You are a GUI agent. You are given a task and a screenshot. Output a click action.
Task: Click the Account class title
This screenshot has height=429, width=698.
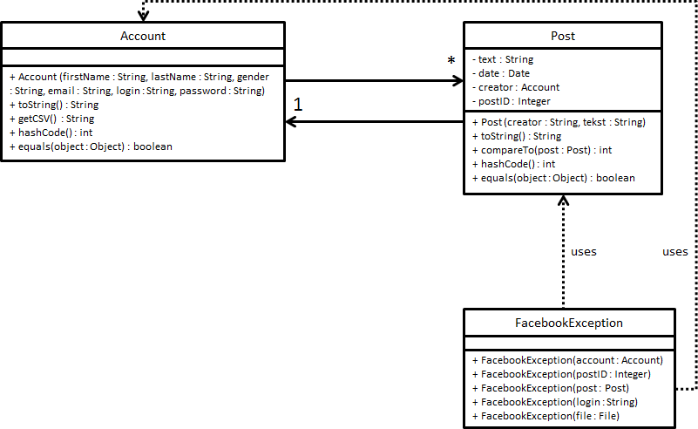[143, 36]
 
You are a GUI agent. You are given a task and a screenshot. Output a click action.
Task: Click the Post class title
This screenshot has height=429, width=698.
[563, 36]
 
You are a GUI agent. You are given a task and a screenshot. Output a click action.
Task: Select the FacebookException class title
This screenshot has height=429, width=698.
[569, 323]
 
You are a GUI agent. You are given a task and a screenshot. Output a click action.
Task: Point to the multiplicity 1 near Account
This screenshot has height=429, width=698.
[298, 105]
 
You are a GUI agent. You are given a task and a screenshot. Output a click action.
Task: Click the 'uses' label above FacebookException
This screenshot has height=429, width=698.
[583, 251]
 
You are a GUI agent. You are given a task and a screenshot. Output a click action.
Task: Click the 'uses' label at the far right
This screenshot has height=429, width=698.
[674, 251]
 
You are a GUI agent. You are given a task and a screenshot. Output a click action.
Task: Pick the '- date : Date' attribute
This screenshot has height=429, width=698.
[501, 73]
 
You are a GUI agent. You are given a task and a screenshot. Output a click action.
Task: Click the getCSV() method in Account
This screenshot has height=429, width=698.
[51, 119]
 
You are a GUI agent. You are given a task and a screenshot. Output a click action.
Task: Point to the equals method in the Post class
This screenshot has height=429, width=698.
[553, 178]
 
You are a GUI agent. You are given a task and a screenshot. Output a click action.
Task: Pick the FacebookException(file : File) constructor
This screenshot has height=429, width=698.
[546, 416]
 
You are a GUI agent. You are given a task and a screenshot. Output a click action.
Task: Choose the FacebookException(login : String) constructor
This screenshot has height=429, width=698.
[555, 402]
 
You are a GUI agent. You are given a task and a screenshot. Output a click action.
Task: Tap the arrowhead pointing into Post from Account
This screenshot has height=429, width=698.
[457, 80]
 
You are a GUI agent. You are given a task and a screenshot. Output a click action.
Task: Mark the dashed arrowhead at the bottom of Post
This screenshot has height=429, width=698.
[563, 201]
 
